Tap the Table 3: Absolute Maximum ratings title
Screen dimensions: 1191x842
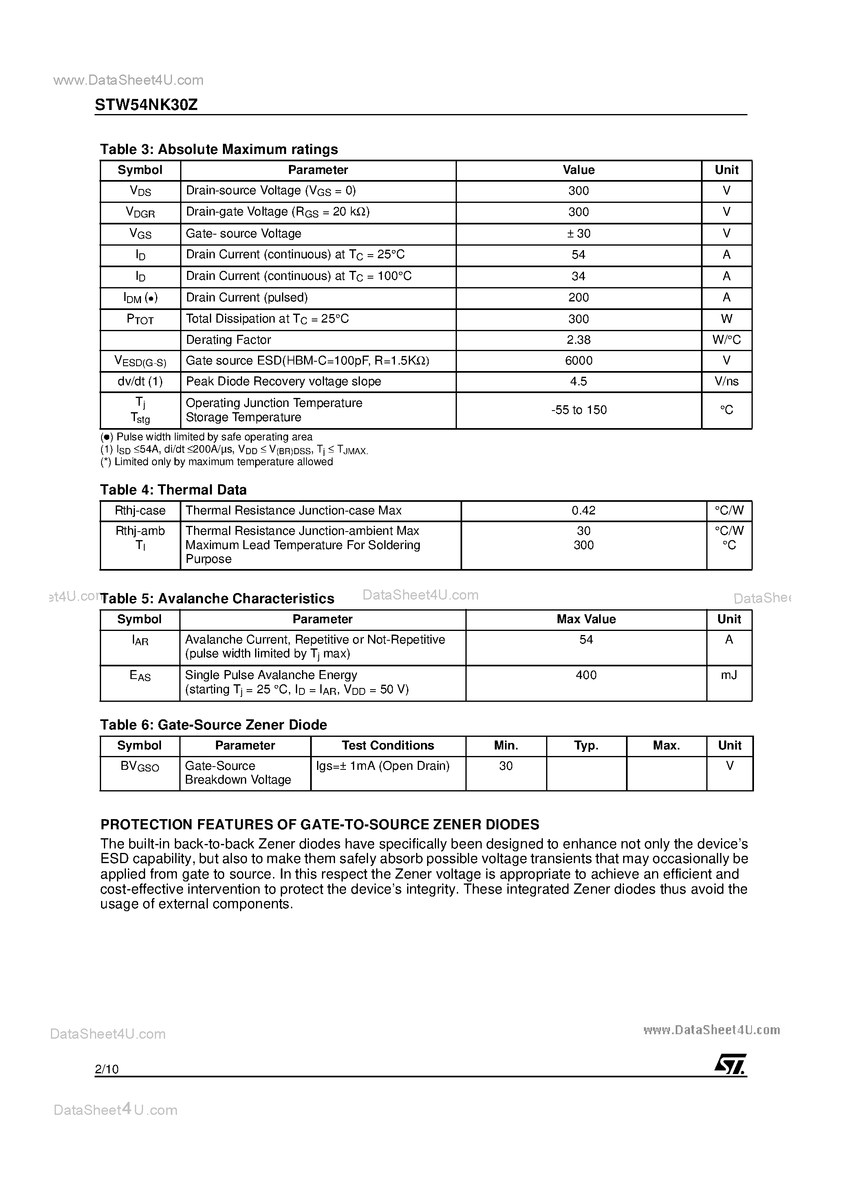[218, 149]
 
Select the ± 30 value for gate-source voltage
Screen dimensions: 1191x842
[578, 233]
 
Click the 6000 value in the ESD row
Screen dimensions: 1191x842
[578, 360]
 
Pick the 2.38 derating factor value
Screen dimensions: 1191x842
[578, 340]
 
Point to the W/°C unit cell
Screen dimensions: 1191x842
[726, 340]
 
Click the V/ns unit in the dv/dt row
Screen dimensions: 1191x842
[726, 381]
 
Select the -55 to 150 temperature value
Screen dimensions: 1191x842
[578, 410]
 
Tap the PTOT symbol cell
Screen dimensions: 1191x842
[140, 319]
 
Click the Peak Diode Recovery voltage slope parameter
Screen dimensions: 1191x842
[283, 381]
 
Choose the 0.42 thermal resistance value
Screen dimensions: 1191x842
[584, 510]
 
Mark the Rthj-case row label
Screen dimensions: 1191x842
[140, 510]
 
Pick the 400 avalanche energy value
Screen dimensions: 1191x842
[586, 675]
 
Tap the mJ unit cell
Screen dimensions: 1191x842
[729, 675]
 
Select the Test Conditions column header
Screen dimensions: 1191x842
[388, 745]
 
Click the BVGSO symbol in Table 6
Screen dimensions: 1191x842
[140, 766]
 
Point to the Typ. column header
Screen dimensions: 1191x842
[586, 745]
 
